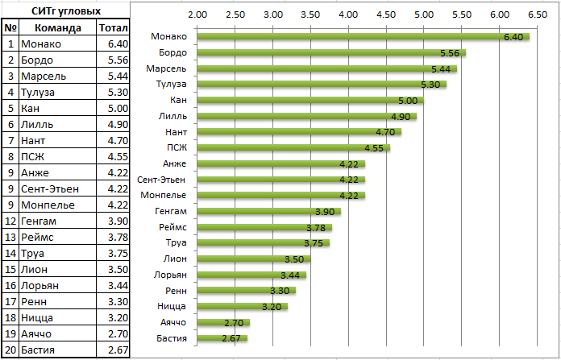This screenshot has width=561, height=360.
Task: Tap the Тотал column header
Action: [x=111, y=27]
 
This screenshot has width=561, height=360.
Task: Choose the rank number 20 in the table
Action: [x=10, y=350]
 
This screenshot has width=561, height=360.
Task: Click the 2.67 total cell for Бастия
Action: [x=111, y=350]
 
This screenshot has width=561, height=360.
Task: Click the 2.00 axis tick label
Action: [x=197, y=14]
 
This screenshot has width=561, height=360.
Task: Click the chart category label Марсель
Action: [x=167, y=68]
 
